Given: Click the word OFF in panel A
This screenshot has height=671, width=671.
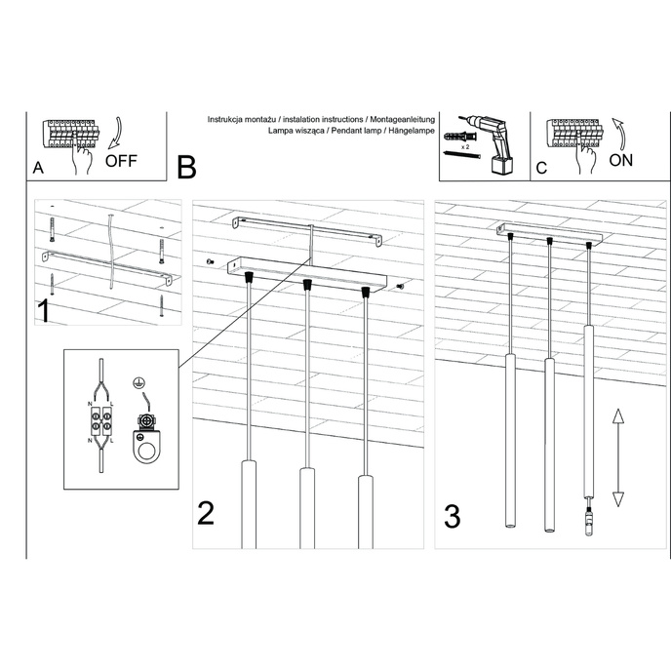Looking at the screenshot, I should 121,162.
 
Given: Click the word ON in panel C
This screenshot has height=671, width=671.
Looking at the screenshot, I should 620,161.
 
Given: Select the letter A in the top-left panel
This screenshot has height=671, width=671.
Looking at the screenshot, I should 38,168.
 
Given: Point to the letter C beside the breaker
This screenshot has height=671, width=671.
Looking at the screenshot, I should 542,168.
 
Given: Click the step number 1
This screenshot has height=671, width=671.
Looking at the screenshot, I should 43,311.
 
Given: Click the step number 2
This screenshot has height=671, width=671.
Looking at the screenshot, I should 206,513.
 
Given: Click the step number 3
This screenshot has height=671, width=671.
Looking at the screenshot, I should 452,516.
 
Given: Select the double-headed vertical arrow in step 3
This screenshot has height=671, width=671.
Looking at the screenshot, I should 617,457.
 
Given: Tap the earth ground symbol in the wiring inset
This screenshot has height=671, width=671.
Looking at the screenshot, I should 138,384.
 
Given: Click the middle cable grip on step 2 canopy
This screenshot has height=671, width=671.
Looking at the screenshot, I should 307,285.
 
